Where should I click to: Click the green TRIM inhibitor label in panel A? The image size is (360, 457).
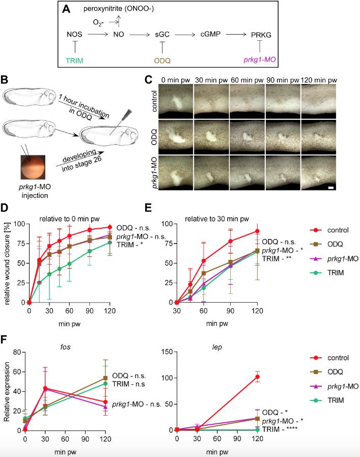point(75,60)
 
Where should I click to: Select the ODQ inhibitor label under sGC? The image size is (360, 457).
point(161,60)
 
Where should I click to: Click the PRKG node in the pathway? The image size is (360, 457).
point(260,35)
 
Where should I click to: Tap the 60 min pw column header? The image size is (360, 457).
point(246,80)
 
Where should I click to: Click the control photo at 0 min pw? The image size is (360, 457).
point(176,101)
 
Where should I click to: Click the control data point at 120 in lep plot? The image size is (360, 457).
point(257,377)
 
